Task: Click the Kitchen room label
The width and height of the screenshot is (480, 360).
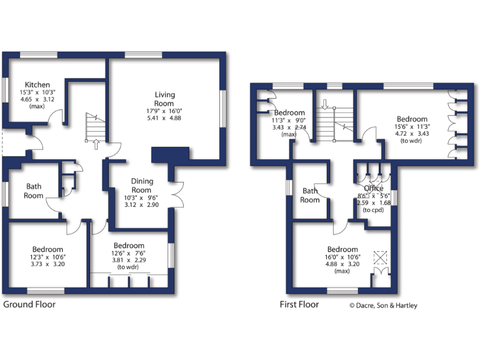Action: point(37,85)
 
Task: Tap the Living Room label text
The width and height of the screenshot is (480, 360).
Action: point(165,99)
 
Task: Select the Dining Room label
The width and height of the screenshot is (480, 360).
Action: point(141,186)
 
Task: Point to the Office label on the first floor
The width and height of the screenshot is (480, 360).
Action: point(374,188)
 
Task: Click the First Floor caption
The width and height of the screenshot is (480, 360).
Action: point(299,305)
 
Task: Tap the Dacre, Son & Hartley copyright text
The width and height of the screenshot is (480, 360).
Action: point(382,306)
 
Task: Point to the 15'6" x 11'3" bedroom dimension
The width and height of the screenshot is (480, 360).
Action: point(412,127)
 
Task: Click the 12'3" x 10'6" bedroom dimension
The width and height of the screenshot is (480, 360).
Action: point(47,257)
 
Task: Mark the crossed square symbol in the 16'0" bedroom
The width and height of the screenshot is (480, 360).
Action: point(379,257)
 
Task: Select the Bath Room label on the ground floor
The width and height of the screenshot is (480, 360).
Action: point(34,191)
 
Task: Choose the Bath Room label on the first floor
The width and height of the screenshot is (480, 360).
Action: point(310,195)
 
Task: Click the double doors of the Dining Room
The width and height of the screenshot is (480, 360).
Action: point(179,193)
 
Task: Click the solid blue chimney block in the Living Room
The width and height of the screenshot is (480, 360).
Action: point(170,154)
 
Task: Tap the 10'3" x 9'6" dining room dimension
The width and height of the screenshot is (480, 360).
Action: point(141,198)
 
